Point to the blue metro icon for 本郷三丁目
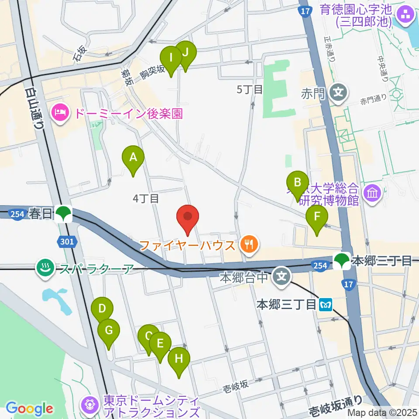pyautogui.click(x=325, y=304)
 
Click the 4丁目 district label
pyautogui.click(x=146, y=199)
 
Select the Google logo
pyautogui.click(x=29, y=409)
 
